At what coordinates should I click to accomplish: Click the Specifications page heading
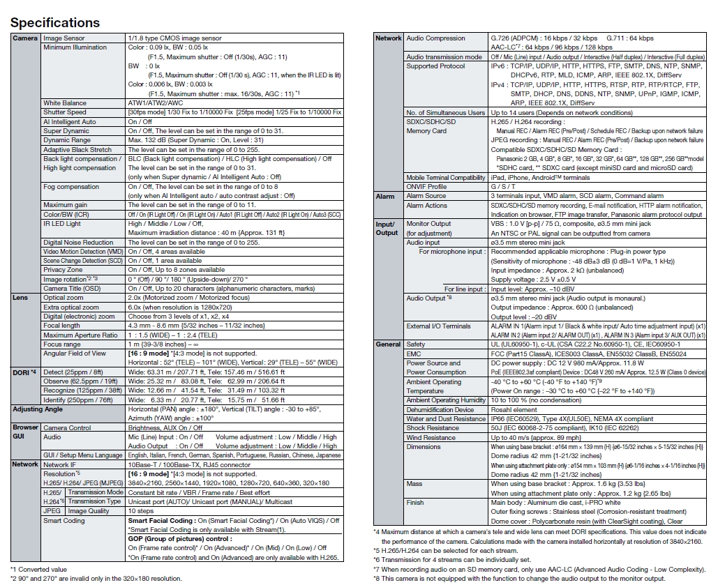pyautogui.click(x=55, y=22)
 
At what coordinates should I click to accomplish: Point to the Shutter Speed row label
pyautogui.click(x=65, y=112)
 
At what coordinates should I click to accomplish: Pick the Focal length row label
pyautogui.click(x=61, y=326)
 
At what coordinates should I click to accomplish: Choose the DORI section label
pyautogui.click(x=24, y=372)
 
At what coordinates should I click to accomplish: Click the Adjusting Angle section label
pyautogui.click(x=38, y=409)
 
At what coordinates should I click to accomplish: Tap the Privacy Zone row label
pyautogui.click(x=63, y=270)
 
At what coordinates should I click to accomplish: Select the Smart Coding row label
pyautogui.click(x=64, y=521)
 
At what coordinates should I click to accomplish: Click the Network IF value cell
pyautogui.click(x=189, y=464)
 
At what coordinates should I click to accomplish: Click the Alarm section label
pyautogui.click(x=385, y=197)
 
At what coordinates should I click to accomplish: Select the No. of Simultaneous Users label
pyautogui.click(x=446, y=112)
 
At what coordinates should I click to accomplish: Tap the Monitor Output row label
pyautogui.click(x=428, y=224)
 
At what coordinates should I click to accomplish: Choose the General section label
pyautogui.click(x=388, y=344)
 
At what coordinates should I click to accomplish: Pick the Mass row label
pyautogui.click(x=414, y=483)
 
